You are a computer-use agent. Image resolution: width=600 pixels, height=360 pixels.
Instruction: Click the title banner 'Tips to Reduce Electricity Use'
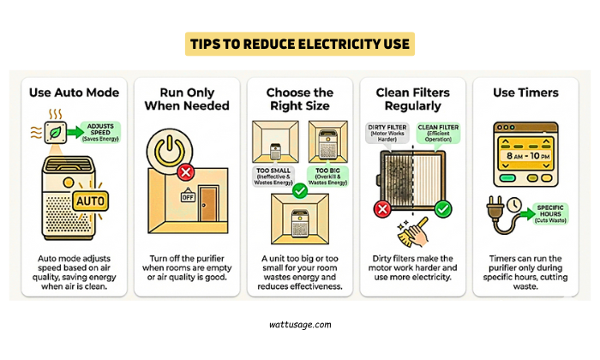coord(300,44)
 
